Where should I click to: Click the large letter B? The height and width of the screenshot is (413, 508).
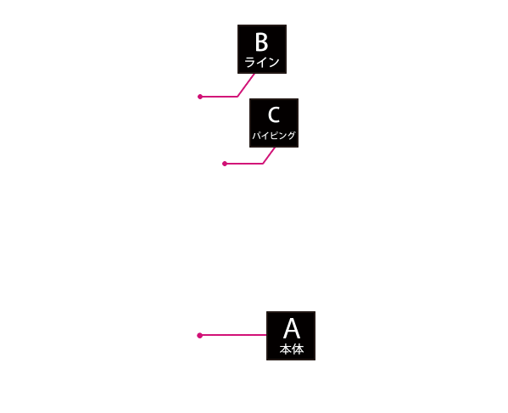[262, 42]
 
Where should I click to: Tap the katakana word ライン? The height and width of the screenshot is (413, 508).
[262, 62]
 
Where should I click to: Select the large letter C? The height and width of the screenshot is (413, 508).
[274, 114]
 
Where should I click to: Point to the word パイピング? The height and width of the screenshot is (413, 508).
[274, 136]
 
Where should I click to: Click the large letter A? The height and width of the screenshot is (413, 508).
[292, 328]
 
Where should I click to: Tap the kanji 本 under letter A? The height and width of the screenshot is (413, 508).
[286, 349]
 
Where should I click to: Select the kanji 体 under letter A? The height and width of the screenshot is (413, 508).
[298, 349]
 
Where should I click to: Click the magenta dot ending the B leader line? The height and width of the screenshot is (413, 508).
[200, 97]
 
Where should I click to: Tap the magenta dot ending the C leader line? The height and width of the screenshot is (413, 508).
[225, 164]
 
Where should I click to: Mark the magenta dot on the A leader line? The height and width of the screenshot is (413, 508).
[199, 335]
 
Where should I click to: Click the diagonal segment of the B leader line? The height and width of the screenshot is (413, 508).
[246, 85]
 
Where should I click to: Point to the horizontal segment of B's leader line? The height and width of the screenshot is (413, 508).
[219, 97]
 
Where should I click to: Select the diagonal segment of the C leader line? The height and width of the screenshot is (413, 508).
[269, 155]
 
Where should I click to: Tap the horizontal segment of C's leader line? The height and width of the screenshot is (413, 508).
[243, 164]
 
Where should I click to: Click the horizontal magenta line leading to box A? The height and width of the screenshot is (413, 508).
[233, 335]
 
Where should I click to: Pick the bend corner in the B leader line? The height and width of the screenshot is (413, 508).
[237, 97]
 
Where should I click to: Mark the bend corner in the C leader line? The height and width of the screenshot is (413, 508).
[263, 164]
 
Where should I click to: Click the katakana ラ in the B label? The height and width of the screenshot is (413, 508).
[250, 62]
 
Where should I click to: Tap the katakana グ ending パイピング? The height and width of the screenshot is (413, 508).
[292, 136]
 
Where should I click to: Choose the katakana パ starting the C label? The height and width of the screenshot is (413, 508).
[256, 136]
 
